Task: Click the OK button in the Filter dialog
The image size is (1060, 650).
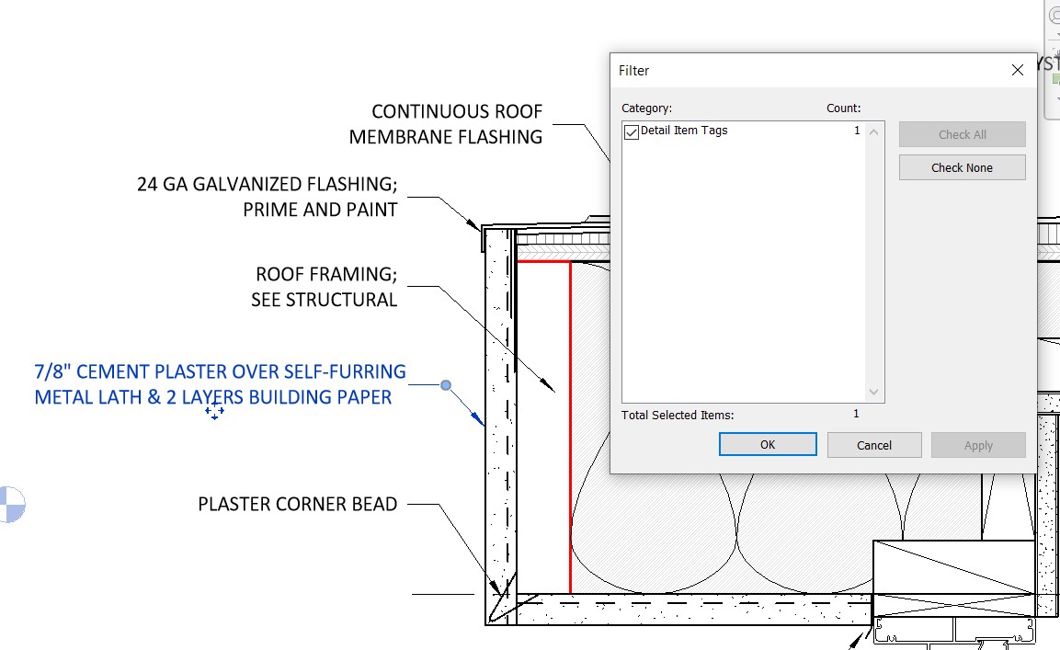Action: tap(768, 445)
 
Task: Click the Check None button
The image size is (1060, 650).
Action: tap(962, 167)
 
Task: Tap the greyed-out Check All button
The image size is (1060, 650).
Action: tap(962, 134)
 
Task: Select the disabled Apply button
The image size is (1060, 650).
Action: tap(978, 445)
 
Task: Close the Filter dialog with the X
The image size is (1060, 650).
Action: tap(1018, 71)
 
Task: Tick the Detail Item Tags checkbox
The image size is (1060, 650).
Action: tap(632, 132)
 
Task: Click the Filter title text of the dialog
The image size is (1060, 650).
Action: tap(633, 71)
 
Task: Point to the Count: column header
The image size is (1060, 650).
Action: tap(843, 108)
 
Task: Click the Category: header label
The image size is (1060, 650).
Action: tap(646, 108)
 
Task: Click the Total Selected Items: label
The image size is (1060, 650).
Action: tap(678, 415)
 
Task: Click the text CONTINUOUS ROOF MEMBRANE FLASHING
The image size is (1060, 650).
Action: tap(447, 124)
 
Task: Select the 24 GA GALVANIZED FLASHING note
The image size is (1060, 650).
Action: tap(268, 197)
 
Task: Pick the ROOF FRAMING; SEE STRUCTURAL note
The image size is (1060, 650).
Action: tap(325, 287)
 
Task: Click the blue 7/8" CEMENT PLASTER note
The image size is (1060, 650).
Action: tap(220, 384)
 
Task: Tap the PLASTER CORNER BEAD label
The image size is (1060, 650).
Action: tap(298, 504)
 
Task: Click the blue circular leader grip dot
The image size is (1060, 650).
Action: tap(446, 385)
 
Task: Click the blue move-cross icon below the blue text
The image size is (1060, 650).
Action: tap(214, 412)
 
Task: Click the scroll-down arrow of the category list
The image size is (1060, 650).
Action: tap(874, 393)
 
